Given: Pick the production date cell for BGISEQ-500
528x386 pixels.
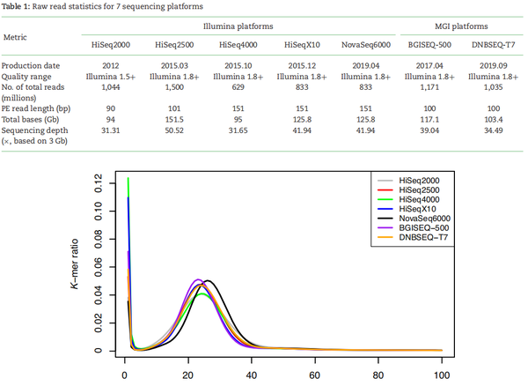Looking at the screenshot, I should click(430, 67).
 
